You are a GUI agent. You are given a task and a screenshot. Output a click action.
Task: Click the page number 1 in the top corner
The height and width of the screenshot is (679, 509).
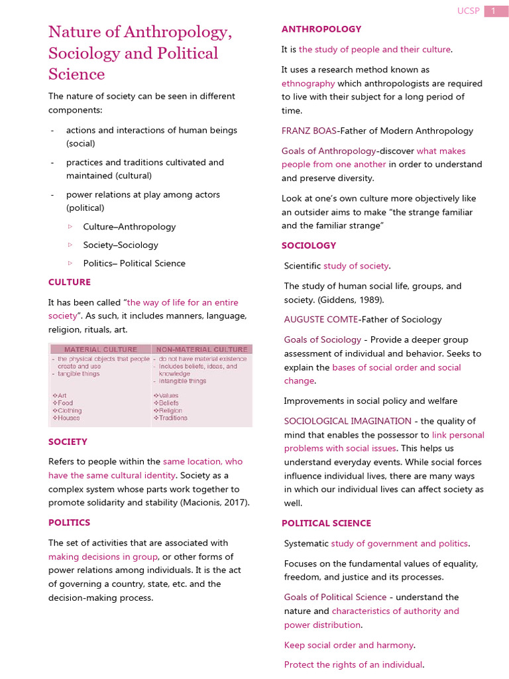pyautogui.click(x=493, y=11)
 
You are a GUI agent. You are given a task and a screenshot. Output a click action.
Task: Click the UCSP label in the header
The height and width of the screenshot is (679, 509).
pyautogui.click(x=467, y=11)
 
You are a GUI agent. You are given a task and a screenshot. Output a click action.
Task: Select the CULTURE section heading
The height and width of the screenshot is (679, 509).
pyautogui.click(x=69, y=282)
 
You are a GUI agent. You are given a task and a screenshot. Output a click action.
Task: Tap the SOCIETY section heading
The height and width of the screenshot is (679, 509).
pyautogui.click(x=68, y=442)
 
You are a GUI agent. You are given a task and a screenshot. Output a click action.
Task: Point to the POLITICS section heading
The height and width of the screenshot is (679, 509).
pyautogui.click(x=69, y=523)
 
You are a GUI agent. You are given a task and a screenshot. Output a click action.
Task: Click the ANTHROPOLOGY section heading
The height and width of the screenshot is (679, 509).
pyautogui.click(x=321, y=29)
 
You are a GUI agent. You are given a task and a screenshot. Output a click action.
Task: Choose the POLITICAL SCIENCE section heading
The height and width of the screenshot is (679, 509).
pyautogui.click(x=326, y=523)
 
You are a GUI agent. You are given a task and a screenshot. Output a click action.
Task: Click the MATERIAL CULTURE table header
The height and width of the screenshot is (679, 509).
pyautogui.click(x=100, y=349)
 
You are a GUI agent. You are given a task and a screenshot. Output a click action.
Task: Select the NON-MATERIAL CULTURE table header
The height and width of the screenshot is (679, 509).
pyautogui.click(x=201, y=349)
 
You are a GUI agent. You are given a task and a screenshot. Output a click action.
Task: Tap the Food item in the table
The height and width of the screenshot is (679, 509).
pyautogui.click(x=65, y=403)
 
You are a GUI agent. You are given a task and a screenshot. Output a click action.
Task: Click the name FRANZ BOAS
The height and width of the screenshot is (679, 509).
pyautogui.click(x=309, y=131)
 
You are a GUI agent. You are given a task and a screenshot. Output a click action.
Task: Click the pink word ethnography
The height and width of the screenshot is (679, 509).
pyautogui.click(x=308, y=84)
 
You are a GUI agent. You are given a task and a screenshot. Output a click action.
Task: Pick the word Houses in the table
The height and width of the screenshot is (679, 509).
pyautogui.click(x=68, y=418)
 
